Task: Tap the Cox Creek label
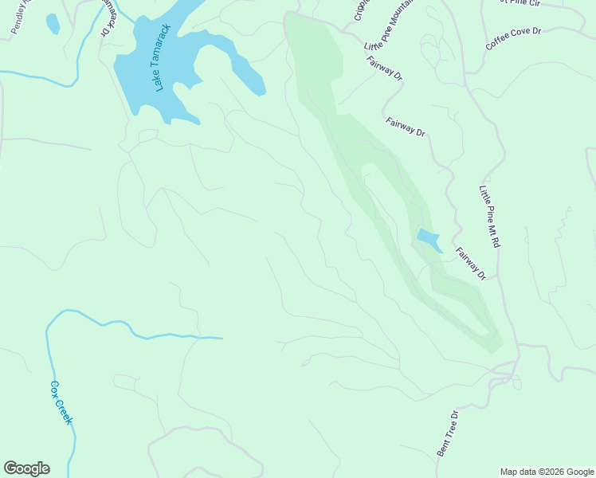coord(61,403)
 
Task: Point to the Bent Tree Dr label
coord(448,433)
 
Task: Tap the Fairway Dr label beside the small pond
coord(471,264)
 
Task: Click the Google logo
coord(26,468)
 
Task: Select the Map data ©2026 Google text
coord(547,472)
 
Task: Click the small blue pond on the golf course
coord(428,238)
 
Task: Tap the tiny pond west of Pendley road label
coord(53,24)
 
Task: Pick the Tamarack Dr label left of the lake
coord(109,20)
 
